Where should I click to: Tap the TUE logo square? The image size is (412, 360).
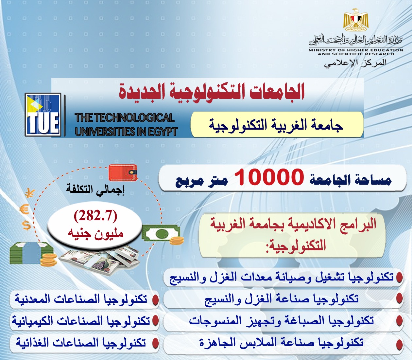click(43, 115)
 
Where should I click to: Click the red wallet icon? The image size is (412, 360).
click(123, 172)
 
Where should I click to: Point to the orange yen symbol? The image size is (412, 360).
click(30, 194)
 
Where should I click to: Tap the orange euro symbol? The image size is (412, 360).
click(25, 210)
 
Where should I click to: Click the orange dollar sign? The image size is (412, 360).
click(26, 225)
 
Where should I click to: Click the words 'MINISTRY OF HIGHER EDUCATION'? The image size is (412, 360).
click(356, 50)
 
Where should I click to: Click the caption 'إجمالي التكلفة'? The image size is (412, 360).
click(95, 190)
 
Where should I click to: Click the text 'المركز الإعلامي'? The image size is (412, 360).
click(356, 63)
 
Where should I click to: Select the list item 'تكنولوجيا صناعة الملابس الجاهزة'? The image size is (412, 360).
click(281, 343)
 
